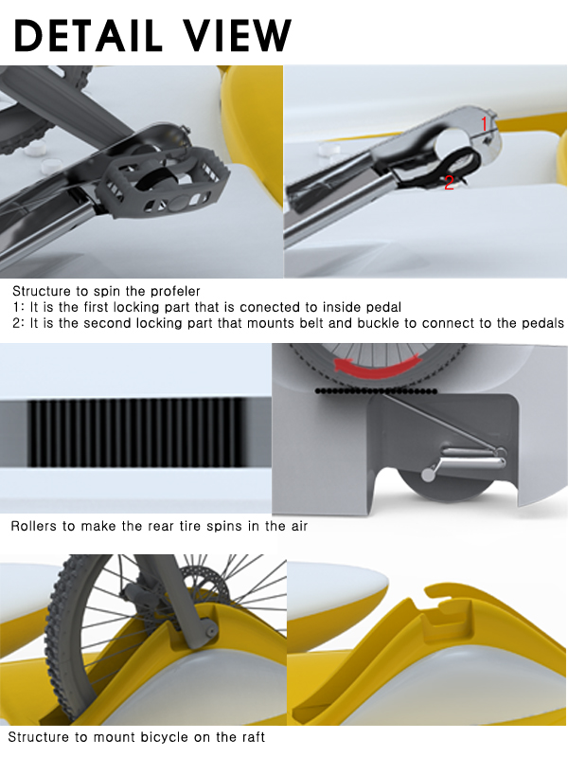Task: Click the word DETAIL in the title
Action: [88, 35]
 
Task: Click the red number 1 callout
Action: [485, 124]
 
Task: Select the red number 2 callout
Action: [449, 183]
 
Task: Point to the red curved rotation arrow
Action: [377, 367]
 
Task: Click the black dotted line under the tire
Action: [376, 391]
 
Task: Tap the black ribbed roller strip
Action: [136, 433]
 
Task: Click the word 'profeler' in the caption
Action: [175, 291]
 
